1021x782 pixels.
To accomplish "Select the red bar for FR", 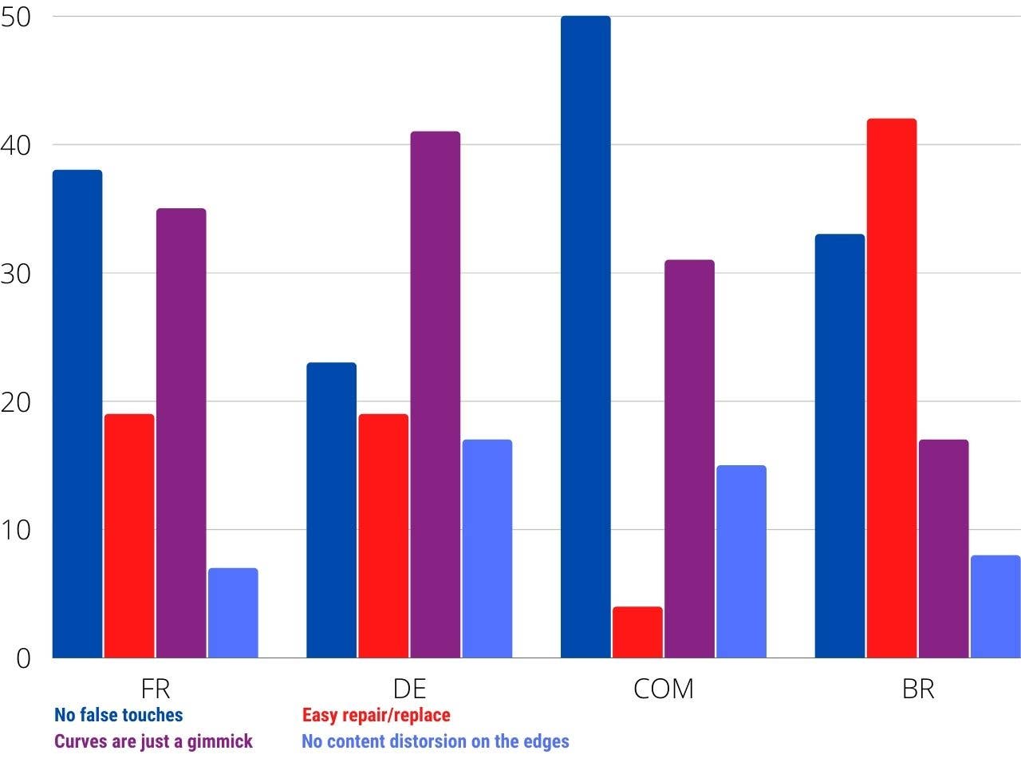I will coord(129,535).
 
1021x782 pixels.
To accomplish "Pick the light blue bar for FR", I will coord(233,613).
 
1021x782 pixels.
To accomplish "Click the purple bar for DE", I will coord(436,394).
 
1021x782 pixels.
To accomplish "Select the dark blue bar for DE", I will coord(332,510).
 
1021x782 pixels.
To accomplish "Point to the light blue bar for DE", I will coord(487,548).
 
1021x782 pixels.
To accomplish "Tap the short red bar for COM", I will coord(637,632).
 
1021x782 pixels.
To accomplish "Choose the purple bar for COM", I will coord(689,458).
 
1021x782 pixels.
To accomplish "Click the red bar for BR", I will coord(892,388).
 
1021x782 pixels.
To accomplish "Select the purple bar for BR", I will coord(944,548).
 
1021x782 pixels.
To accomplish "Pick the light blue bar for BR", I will coord(995,606).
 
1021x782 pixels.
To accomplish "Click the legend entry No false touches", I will coord(118,715).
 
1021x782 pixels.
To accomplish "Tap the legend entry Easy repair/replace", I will coord(376,715).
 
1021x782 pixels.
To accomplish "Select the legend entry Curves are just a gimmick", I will coord(153,741).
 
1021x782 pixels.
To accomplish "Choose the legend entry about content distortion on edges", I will coord(435,741).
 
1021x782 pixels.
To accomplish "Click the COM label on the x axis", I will coord(663,689).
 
